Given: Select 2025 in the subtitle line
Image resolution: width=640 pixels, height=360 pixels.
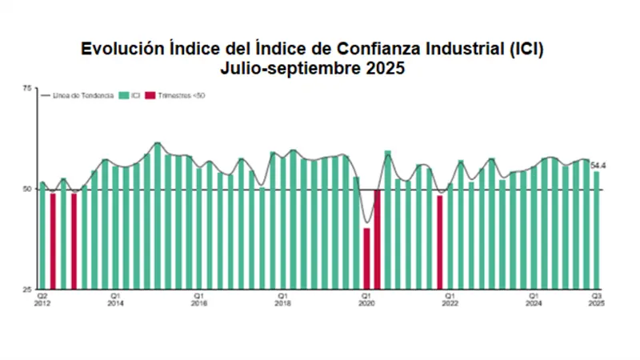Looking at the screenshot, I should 384,69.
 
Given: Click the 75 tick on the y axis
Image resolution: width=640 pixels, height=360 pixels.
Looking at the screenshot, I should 26,88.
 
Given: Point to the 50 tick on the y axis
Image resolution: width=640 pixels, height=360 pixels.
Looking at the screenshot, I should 26,190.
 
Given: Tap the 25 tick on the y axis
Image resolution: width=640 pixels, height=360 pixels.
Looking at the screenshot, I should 26,289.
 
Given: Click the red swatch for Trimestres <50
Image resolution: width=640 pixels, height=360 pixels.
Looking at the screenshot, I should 149,96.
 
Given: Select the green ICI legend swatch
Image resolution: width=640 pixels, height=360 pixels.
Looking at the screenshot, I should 123,96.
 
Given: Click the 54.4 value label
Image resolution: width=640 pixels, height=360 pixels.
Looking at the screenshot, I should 597,166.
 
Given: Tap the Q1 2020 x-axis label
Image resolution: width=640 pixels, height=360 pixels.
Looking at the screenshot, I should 366,299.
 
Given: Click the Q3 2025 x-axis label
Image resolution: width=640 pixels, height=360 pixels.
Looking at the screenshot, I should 596,299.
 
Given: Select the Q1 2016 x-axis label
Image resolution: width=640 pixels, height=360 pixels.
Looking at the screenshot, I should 199,299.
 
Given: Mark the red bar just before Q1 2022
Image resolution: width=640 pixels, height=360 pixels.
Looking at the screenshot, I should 439,242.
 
